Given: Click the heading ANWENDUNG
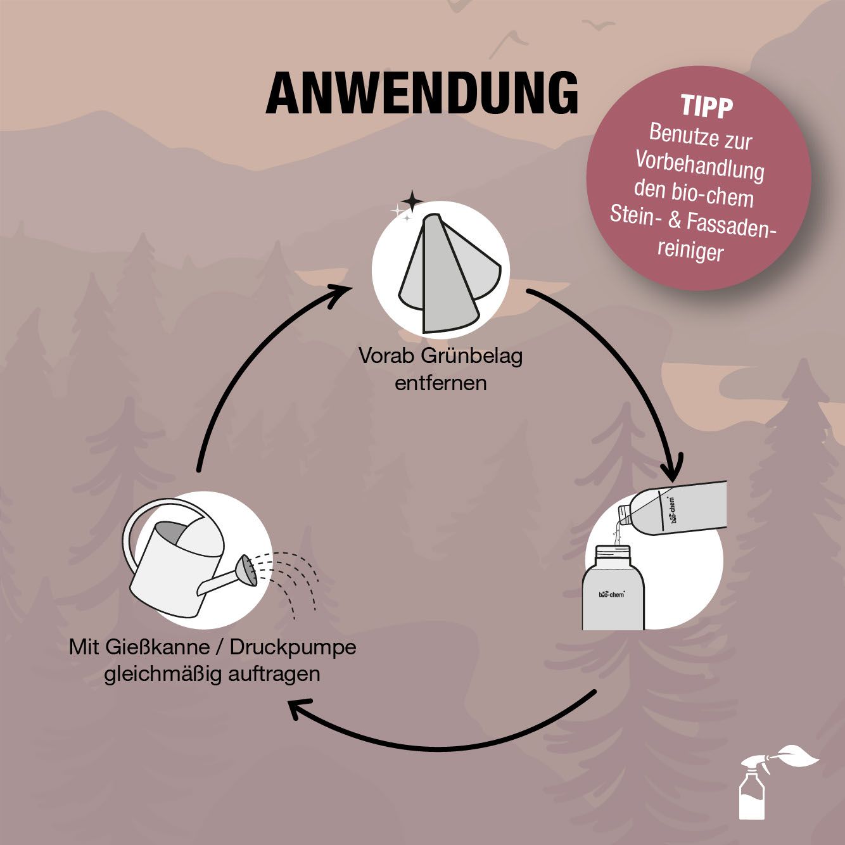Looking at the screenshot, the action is [x=422, y=93].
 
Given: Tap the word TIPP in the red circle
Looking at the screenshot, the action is [x=706, y=107].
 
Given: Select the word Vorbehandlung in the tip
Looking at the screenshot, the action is [x=700, y=166].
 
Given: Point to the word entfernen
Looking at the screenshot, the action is [x=441, y=383].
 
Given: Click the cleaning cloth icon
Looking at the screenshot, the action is [x=450, y=273].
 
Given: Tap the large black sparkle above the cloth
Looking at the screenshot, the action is [x=411, y=201].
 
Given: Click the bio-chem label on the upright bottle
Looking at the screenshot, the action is [x=611, y=595].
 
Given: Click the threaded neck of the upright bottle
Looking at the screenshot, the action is [x=612, y=552].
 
